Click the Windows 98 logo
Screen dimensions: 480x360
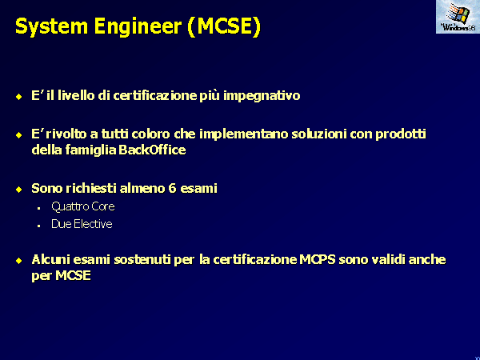(x=458, y=17)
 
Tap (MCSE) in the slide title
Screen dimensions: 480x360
(x=224, y=27)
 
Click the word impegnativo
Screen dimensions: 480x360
(x=262, y=96)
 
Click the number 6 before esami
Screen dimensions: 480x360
(x=172, y=188)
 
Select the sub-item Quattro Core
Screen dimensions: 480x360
(x=83, y=206)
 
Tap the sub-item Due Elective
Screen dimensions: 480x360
(x=82, y=224)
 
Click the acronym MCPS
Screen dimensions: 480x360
(x=317, y=259)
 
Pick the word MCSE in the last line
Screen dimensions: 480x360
(x=73, y=275)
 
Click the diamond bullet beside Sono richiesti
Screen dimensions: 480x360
(x=19, y=190)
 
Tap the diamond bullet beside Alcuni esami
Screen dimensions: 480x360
(x=19, y=261)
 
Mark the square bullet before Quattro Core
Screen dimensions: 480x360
(x=39, y=209)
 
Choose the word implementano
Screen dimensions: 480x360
(x=244, y=134)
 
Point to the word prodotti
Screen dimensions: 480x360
(x=401, y=134)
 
